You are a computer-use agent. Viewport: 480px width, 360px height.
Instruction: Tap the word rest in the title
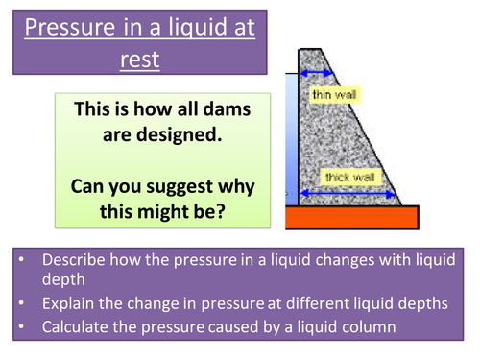pyautogui.click(x=141, y=60)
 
